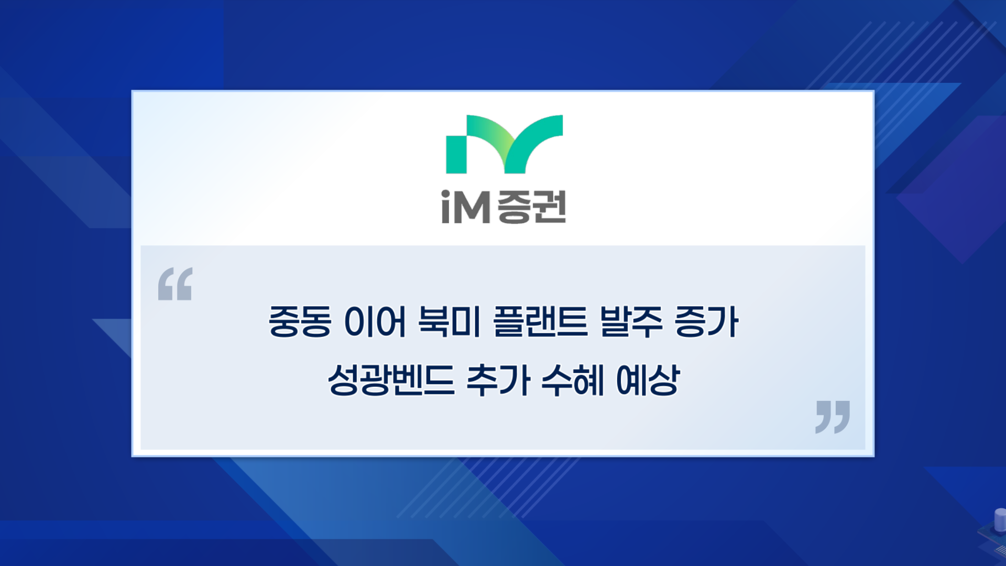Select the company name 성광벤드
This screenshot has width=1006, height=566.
click(x=391, y=380)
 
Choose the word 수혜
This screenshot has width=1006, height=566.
click(x=573, y=380)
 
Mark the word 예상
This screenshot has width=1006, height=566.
click(x=648, y=380)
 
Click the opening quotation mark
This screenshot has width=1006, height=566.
click(x=175, y=284)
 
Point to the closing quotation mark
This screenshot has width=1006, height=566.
click(x=833, y=417)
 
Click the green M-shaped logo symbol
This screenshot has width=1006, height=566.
click(x=504, y=144)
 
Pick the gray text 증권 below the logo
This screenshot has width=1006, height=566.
click(x=531, y=207)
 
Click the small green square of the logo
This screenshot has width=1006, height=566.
click(x=456, y=155)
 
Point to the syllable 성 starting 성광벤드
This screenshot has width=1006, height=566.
click(x=343, y=380)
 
